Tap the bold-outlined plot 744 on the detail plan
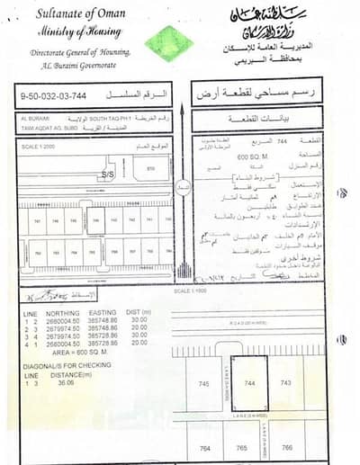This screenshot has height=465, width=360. [250, 384]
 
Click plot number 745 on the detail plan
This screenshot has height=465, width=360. [215, 384]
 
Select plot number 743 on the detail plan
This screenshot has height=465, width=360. [285, 384]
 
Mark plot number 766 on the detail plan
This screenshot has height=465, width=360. [286, 447]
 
